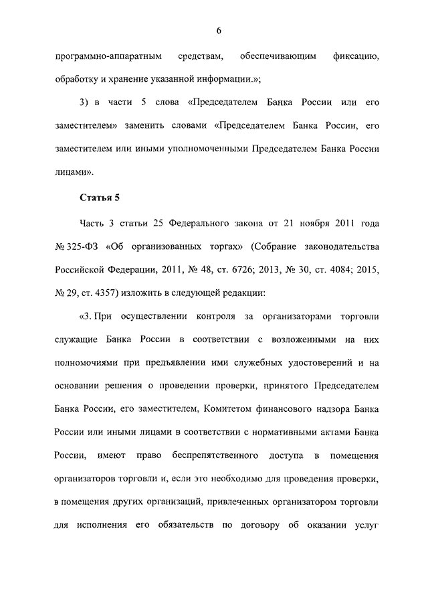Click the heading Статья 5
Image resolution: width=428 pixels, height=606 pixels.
click(x=100, y=197)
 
